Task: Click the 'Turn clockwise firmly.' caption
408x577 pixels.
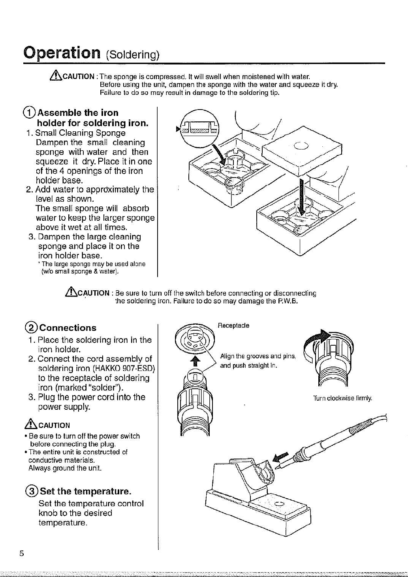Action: tap(342, 398)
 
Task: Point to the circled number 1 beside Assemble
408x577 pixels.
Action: tap(29, 113)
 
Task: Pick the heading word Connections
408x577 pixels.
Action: tap(68, 328)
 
